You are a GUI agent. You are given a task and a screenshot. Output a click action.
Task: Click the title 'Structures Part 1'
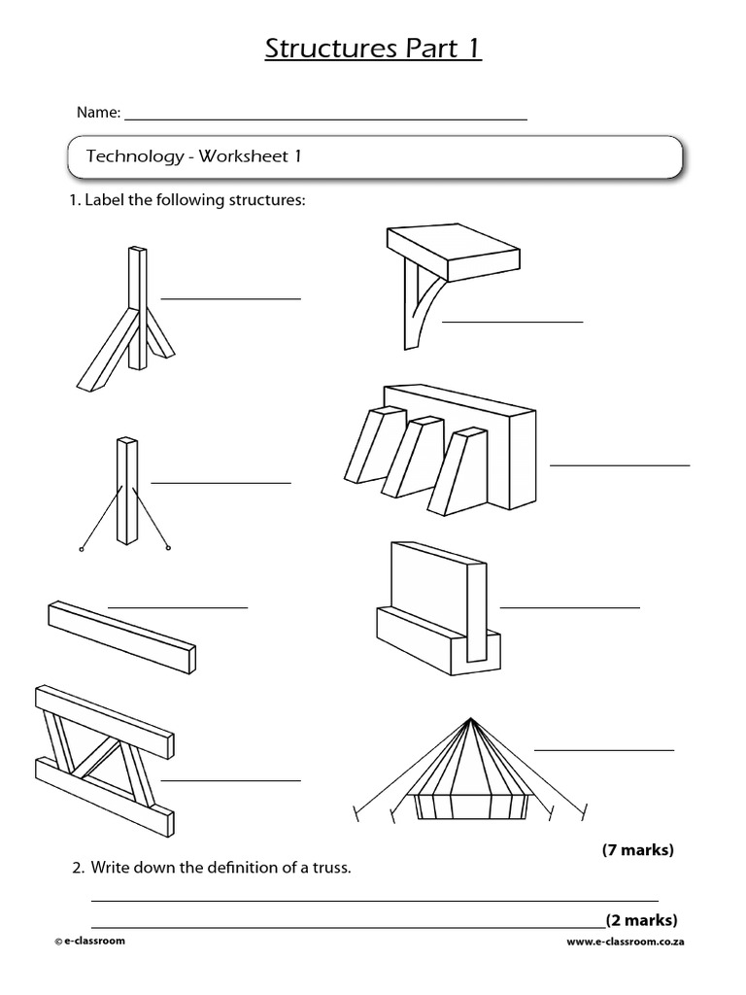point(373,50)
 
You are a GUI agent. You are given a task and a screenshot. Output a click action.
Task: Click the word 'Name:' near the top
point(98,113)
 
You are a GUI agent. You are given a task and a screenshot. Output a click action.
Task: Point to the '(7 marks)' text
point(637,850)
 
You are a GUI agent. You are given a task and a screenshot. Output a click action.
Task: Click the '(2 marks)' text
point(641,920)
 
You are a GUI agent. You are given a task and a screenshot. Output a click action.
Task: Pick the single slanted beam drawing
point(121,635)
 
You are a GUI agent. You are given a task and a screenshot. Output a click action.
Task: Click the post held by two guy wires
point(127,494)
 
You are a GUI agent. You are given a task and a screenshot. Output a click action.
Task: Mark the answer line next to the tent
point(604,750)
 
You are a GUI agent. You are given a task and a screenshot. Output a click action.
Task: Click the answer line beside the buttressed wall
point(620,465)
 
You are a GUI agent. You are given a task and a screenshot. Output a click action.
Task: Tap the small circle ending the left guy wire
point(81,550)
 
